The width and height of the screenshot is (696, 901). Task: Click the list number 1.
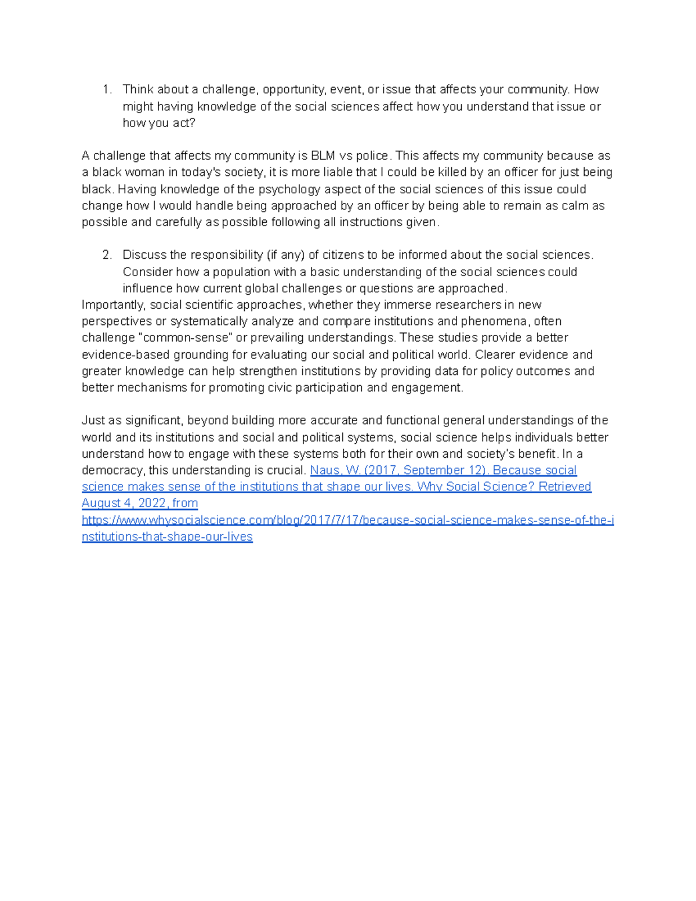click(x=106, y=89)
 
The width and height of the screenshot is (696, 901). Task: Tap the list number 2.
click(x=106, y=255)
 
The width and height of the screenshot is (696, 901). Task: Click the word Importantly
click(x=113, y=305)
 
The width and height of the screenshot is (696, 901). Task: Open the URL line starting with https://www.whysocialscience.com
click(x=347, y=520)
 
